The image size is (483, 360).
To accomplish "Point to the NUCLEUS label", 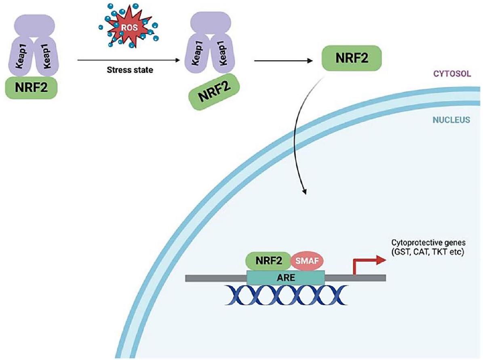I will click(451, 120).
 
